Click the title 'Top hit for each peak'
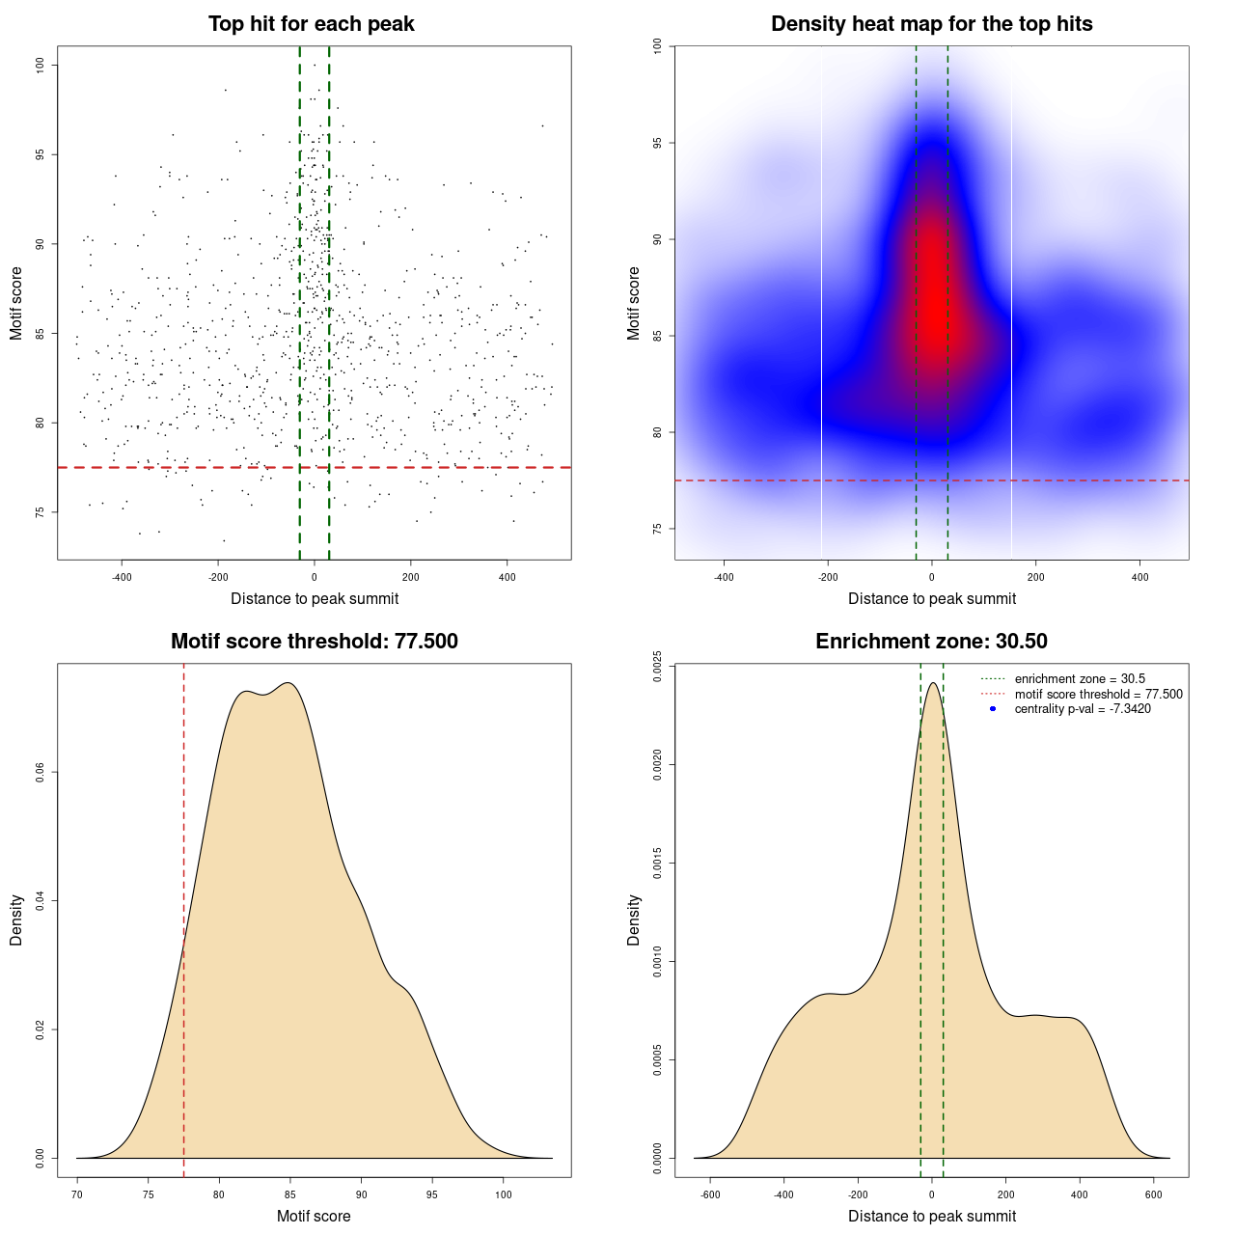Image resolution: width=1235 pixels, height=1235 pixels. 311,24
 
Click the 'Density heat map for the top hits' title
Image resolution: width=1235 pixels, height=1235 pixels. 931,24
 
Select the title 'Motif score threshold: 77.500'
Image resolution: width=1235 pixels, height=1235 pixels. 314,642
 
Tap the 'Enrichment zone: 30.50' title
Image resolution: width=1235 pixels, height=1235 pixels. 931,642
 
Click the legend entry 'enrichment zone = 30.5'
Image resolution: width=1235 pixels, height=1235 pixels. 1079,679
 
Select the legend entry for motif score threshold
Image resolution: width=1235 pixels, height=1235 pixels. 1098,695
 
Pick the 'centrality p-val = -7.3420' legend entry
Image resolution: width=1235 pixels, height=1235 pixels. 1082,709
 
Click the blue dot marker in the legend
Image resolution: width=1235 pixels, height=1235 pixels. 993,709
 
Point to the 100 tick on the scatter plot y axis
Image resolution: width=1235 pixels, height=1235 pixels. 41,65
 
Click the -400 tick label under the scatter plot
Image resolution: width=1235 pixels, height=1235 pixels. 122,577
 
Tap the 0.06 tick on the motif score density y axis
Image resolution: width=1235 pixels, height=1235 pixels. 40,773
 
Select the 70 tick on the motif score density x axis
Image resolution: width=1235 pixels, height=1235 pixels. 77,1194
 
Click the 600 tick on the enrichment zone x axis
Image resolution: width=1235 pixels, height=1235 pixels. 1153,1194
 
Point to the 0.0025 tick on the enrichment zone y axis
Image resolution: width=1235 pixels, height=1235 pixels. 657,667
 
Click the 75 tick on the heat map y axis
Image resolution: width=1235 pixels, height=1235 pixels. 657,529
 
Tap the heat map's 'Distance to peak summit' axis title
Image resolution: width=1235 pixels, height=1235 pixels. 931,598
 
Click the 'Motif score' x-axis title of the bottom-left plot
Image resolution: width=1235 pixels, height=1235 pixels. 314,1216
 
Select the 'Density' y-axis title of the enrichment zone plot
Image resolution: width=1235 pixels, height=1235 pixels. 634,919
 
